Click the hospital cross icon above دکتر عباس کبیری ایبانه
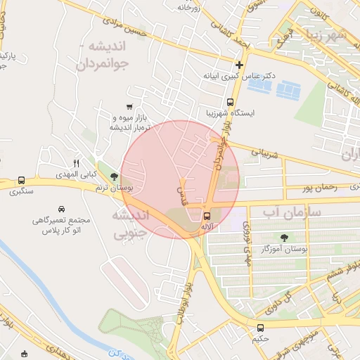239,65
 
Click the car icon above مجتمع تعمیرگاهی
62,210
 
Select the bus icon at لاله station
207,217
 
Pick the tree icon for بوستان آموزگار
285,238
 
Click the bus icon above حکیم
261,328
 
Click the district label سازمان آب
292,211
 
